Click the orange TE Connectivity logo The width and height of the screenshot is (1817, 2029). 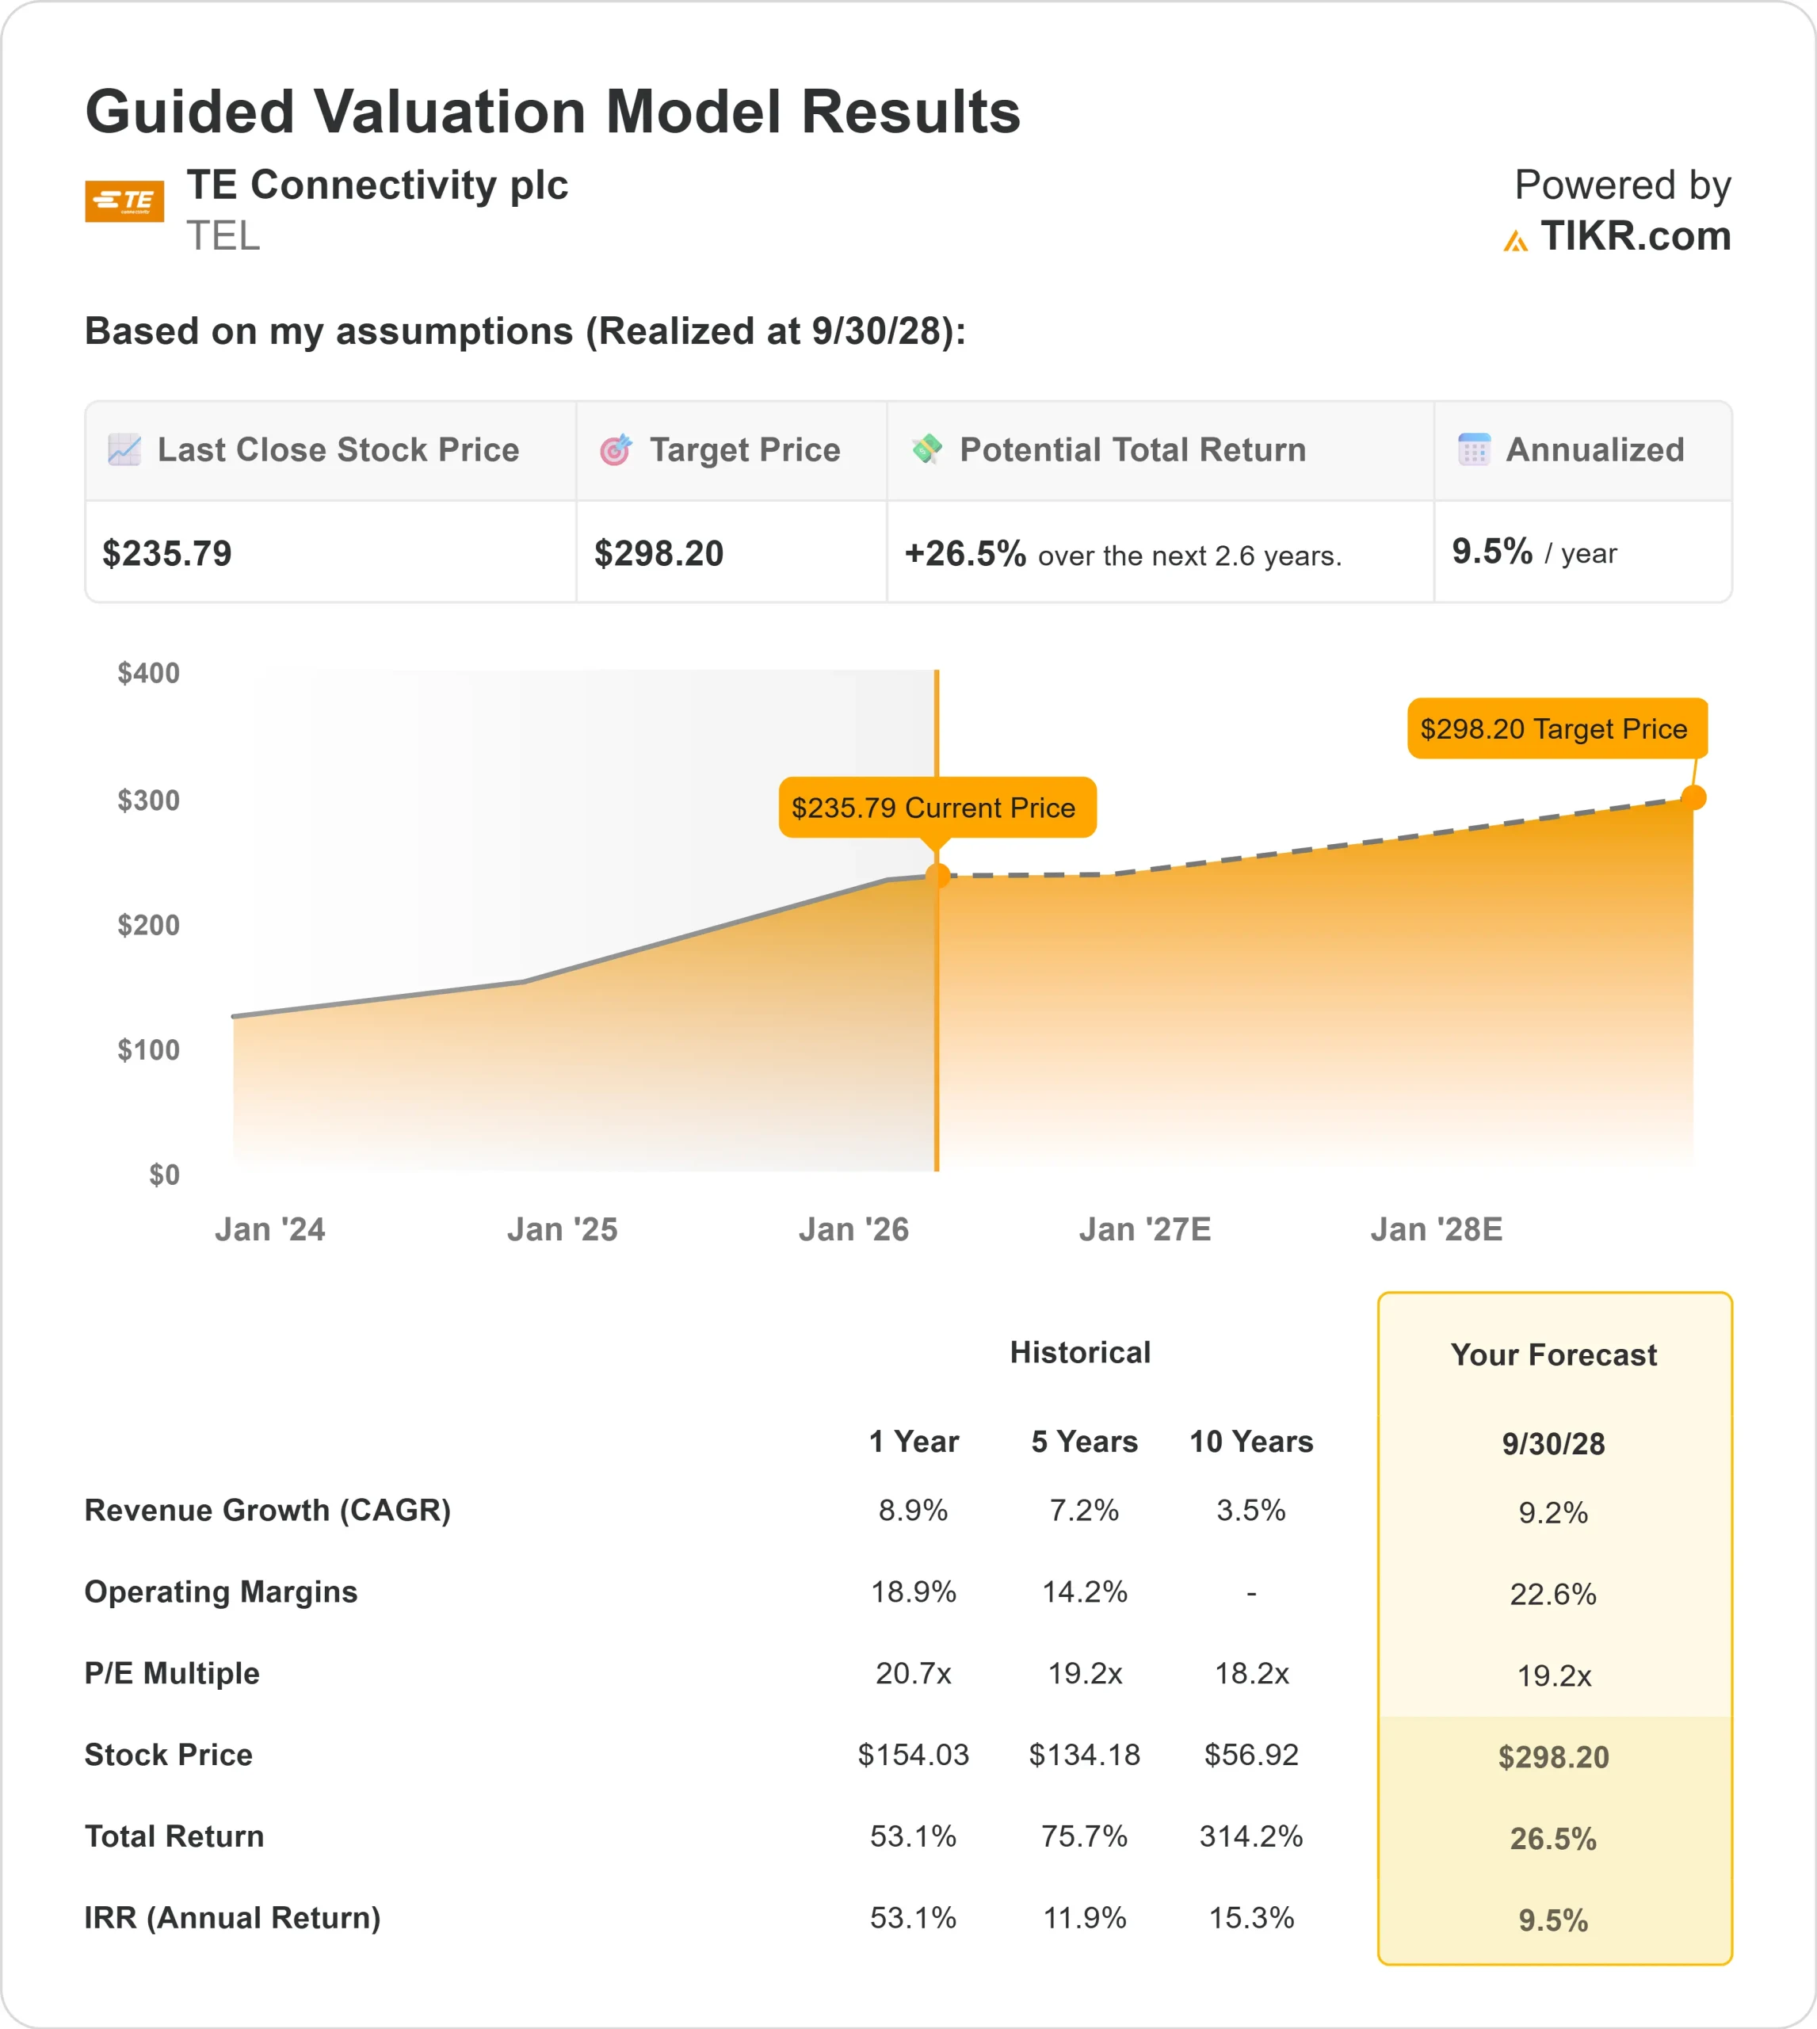point(124,201)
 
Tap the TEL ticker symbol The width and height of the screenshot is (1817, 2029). point(223,237)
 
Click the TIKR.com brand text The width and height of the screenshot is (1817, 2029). point(1634,237)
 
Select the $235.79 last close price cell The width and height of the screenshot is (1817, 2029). point(168,553)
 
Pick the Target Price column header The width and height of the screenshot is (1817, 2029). point(744,450)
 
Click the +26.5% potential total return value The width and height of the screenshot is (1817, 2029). point(964,553)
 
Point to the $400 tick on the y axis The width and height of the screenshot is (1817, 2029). point(149,673)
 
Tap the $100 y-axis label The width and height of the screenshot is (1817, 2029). point(149,1049)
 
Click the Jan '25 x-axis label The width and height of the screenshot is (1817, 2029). point(562,1229)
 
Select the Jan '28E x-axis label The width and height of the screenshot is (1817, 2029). point(1436,1229)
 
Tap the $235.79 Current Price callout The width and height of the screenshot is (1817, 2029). point(937,807)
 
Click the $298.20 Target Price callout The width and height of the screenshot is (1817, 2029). point(1556,729)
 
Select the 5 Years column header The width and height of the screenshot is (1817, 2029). point(1084,1442)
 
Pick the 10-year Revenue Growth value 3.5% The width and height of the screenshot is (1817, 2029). point(1251,1511)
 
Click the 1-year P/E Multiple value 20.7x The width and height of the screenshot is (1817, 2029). point(914,1673)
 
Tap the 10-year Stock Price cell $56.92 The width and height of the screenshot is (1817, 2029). point(1251,1756)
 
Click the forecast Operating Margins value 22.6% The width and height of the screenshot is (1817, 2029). point(1553,1595)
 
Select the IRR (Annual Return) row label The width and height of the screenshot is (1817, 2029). point(233,1918)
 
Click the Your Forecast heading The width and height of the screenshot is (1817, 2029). point(1553,1355)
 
